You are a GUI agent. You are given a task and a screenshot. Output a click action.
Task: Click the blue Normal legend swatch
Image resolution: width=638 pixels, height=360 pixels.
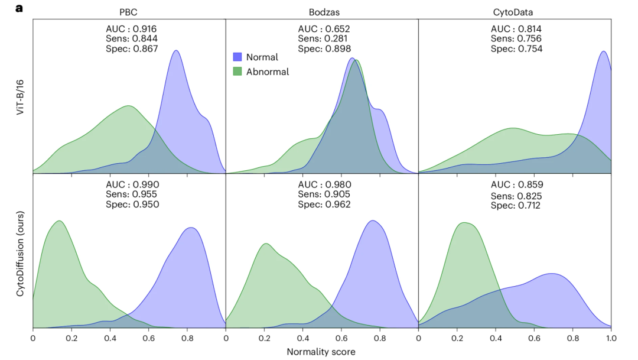(x=237, y=57)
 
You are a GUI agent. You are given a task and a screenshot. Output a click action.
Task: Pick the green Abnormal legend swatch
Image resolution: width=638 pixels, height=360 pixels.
(x=237, y=72)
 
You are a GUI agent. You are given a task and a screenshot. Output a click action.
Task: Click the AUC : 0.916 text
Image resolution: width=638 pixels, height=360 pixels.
(x=131, y=28)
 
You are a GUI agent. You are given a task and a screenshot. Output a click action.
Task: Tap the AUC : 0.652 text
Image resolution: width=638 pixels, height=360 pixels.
(x=324, y=28)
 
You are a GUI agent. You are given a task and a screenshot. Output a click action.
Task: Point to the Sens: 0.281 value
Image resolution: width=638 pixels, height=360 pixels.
(x=324, y=38)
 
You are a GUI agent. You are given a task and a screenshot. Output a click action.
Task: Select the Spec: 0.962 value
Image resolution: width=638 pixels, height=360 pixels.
(x=324, y=205)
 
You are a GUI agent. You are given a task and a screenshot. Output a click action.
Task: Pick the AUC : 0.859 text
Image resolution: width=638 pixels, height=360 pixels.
(x=516, y=185)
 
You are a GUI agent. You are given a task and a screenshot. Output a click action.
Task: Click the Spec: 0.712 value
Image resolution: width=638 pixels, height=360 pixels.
(x=516, y=206)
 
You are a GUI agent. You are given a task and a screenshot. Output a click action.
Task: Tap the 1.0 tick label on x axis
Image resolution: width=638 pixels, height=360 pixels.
(x=610, y=339)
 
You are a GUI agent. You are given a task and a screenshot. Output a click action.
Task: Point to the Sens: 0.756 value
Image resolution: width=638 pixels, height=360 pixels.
(x=516, y=38)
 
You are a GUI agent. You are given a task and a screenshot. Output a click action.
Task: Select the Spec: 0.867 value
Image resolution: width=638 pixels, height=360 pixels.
(x=131, y=48)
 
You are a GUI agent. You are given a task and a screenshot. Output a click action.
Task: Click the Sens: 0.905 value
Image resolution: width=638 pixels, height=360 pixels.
(x=324, y=194)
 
